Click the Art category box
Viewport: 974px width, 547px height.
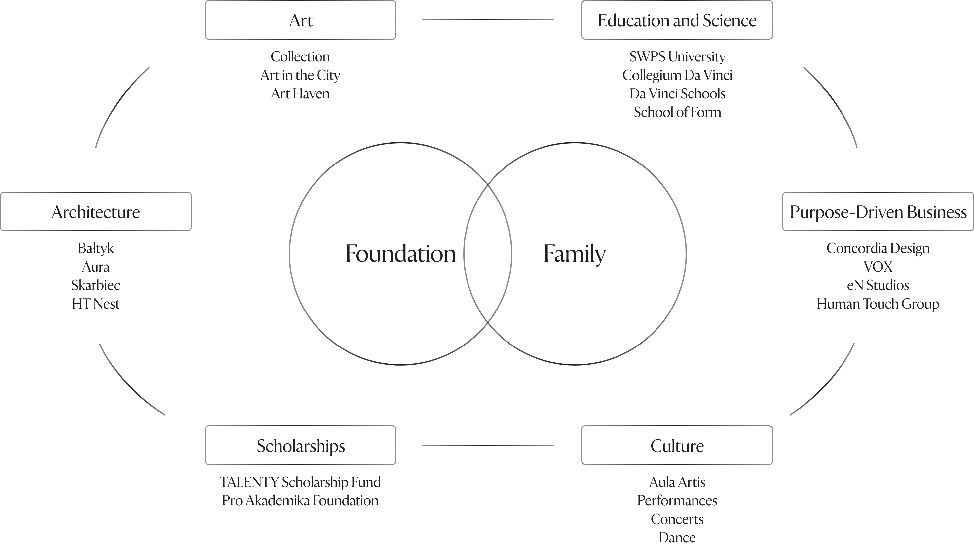tap(301, 20)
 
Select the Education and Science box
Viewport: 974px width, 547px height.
tap(677, 20)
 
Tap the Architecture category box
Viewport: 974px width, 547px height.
tap(96, 212)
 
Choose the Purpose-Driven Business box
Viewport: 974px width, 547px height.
tap(878, 212)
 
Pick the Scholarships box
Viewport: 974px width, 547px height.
tap(301, 445)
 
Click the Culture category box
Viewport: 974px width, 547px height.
tap(677, 445)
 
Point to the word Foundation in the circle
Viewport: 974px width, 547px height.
tap(400, 253)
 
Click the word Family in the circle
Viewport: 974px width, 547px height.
tap(574, 253)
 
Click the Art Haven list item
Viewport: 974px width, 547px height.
tap(300, 94)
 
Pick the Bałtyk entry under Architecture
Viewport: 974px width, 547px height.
tap(96, 248)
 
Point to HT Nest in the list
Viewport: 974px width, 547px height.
tap(96, 304)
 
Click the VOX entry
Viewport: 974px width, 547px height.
tap(878, 267)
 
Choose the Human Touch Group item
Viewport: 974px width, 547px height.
tap(878, 304)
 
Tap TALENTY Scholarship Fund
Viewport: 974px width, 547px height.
tap(300, 482)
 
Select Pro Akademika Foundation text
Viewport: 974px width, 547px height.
tap(300, 500)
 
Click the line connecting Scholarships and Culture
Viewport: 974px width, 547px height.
tap(488, 445)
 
